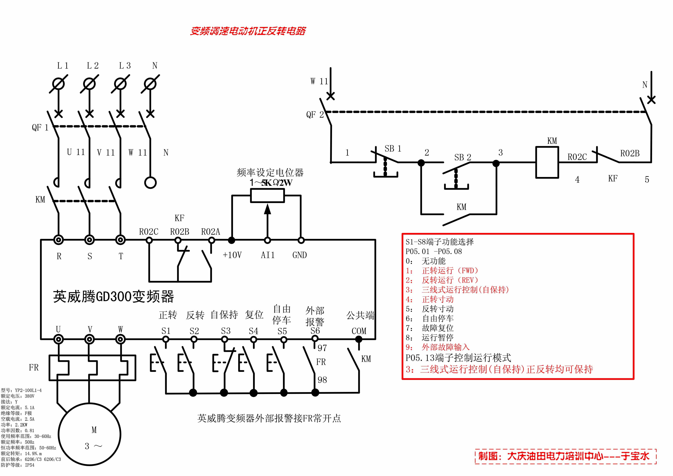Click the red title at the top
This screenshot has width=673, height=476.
tap(248, 31)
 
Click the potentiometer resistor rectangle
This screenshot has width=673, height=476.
tap(267, 196)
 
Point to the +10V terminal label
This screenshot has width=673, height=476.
tap(232, 255)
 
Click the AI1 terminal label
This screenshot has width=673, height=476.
tap(268, 255)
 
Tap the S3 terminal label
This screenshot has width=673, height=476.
tap(226, 331)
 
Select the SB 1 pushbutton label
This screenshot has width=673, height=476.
tap(393, 149)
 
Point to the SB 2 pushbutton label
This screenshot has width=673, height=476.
tap(462, 157)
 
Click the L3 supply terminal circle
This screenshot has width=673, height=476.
tap(120, 84)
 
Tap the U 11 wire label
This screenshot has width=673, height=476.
tap(76, 152)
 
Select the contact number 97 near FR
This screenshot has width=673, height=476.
tap(322, 348)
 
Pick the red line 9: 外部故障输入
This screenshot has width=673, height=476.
tap(437, 347)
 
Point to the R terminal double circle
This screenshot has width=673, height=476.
tap(59, 240)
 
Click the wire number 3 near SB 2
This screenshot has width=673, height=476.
tap(501, 152)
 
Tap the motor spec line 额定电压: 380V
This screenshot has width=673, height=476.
tap(18, 396)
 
